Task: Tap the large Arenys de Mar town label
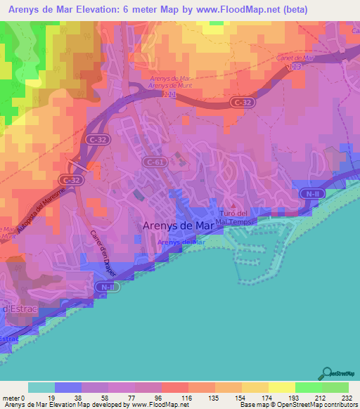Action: [177, 226]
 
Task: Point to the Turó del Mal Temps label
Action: [234, 217]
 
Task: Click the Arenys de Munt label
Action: [171, 86]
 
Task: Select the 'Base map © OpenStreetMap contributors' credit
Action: [299, 405]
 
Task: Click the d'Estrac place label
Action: [17, 309]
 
